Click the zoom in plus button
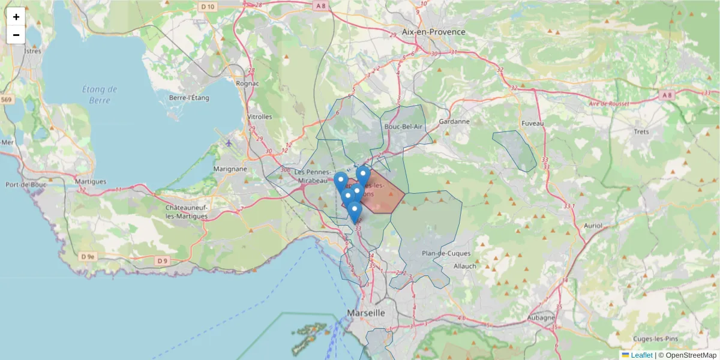pos(16,17)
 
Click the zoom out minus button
pos(16,35)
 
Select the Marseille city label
pos(365,313)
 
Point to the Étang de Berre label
pos(100,95)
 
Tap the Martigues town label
pos(91,181)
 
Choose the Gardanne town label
pos(454,121)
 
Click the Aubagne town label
pos(541,317)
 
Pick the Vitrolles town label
pos(259,116)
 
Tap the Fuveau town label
pos(533,123)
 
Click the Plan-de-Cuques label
pos(444,253)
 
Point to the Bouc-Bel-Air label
pos(403,127)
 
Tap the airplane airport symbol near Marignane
pos(229,143)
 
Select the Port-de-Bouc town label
pos(26,184)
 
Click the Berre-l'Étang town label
pos(189,98)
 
